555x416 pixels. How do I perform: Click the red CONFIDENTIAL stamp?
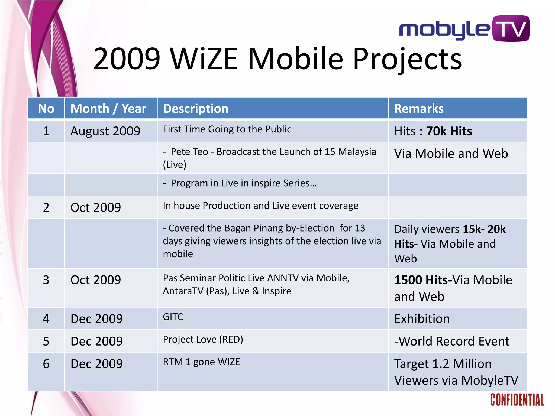point(517,400)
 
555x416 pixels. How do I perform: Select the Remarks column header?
point(419,109)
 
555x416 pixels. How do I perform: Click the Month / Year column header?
point(108,109)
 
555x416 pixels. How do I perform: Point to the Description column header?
point(196,109)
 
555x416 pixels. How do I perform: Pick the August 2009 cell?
point(105,131)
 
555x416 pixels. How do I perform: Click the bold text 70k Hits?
point(449,131)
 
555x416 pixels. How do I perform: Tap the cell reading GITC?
point(173,317)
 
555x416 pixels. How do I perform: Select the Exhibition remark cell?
point(422,319)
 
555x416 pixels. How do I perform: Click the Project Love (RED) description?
point(203,339)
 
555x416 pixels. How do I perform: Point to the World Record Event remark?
point(452,341)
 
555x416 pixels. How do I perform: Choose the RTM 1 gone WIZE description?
point(201,362)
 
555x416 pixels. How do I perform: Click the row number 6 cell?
point(46,364)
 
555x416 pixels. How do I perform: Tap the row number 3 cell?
point(46,280)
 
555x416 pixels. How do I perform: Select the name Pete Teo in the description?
point(189,152)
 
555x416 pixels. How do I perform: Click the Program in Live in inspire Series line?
point(243,183)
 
